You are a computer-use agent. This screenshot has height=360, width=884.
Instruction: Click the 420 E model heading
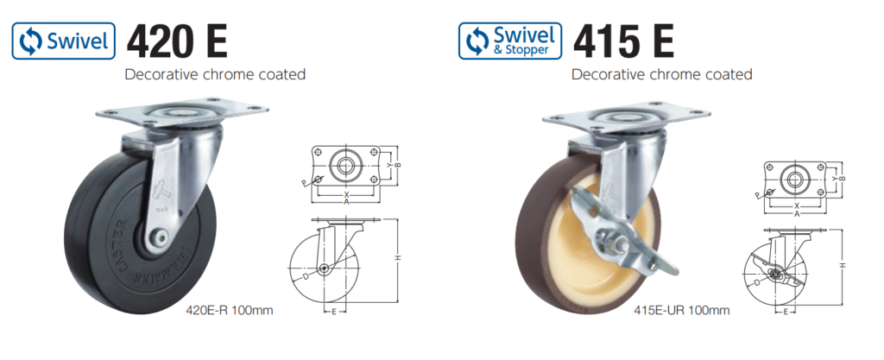pyautogui.click(x=178, y=40)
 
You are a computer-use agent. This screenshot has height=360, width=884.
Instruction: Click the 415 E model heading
pyautogui.click(x=623, y=40)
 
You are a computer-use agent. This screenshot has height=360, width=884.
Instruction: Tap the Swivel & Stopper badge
pyautogui.click(x=508, y=41)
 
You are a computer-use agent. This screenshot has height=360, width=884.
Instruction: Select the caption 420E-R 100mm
pyautogui.click(x=230, y=309)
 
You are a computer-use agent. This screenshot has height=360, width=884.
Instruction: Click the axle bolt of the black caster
pyautogui.click(x=161, y=236)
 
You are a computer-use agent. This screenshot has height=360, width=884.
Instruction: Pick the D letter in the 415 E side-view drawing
pyautogui.click(x=755, y=282)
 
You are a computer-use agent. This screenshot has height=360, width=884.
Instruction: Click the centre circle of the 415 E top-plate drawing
pyautogui.click(x=792, y=179)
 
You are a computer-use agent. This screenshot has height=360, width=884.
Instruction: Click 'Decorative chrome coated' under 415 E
pyautogui.click(x=661, y=74)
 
